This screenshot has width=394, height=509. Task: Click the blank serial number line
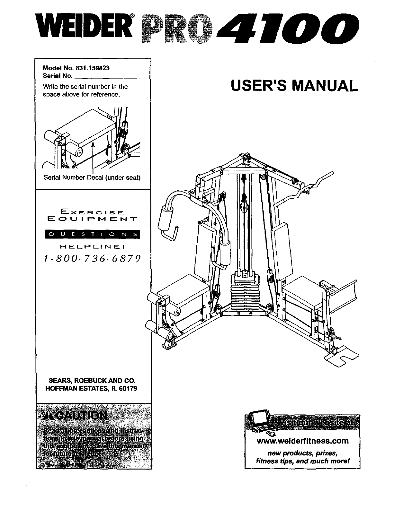(x=107, y=76)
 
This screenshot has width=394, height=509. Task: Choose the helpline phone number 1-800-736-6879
(x=93, y=258)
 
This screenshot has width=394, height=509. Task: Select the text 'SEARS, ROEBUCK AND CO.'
(x=93, y=381)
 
